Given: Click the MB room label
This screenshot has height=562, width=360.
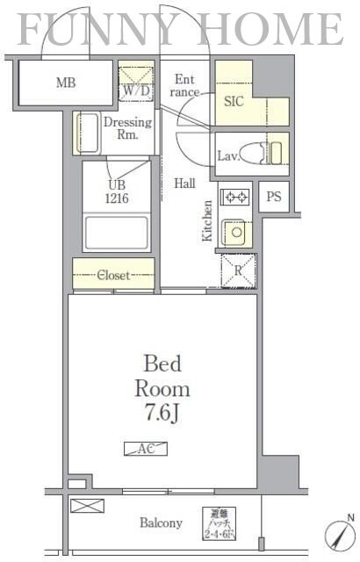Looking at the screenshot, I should point(65,83).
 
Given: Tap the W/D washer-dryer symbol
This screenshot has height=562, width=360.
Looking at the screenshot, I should point(136,90).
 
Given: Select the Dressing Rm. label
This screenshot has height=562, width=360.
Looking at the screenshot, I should point(128,128).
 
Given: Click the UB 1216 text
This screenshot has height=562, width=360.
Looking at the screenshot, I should point(117,191).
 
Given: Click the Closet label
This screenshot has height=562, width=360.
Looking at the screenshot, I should point(112,275).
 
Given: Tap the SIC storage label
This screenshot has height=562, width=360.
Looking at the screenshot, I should point(233,101).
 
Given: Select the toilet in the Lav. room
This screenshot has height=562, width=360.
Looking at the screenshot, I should point(260,152).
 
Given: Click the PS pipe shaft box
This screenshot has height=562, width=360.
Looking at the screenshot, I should point(274,197).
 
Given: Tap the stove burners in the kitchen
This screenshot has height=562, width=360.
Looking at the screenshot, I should point(234,198).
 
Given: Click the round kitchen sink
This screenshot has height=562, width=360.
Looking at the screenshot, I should point(234,233).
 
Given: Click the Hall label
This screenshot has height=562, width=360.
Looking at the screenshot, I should point(184,184).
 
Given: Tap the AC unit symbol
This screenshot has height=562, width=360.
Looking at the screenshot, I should point(145,449).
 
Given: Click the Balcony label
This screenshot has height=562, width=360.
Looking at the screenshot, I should point(161,522).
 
